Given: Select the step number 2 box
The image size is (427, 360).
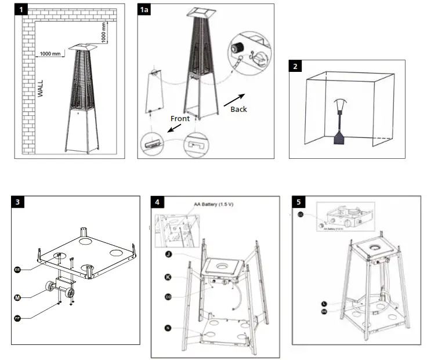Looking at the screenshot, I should click(296, 66).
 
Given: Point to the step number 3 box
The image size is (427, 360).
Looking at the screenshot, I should click(19, 202).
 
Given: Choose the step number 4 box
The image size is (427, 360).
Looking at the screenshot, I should click(158, 202).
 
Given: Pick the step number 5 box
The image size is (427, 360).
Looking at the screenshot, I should click(298, 202).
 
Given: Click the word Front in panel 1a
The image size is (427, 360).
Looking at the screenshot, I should click(180, 118).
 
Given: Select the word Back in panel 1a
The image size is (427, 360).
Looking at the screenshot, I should click(238, 108).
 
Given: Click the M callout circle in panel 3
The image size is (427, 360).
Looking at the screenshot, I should click(18, 297).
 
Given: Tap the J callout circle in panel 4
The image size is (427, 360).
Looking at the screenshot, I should click(168, 254).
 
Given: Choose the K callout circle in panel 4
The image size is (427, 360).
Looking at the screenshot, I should click(168, 277).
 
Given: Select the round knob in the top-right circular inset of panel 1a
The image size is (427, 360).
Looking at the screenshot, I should click(237, 46).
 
